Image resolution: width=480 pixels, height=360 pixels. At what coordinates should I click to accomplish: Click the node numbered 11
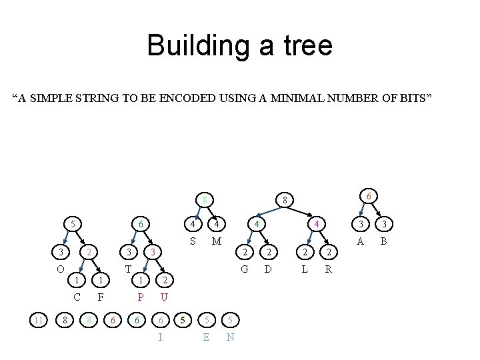39,321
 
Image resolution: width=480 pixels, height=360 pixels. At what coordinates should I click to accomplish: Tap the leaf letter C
77,297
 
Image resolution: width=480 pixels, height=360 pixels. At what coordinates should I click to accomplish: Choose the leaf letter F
101,297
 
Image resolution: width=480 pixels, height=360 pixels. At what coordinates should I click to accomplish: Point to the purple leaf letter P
141,297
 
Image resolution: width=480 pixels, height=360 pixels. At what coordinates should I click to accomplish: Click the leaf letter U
164,297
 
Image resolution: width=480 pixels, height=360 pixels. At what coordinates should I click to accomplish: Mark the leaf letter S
192,240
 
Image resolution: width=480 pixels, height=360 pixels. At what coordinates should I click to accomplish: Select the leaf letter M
216,240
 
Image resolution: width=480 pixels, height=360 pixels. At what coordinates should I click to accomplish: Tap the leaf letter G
245,269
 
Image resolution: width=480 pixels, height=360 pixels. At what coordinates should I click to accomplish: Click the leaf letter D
267,269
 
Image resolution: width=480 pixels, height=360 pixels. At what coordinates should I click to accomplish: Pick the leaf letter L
305,269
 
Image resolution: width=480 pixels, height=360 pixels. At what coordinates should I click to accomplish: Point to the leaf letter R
328,269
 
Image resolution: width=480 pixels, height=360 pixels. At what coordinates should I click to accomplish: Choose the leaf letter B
383,241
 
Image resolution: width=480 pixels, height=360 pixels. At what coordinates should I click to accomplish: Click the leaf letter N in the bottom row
230,337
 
